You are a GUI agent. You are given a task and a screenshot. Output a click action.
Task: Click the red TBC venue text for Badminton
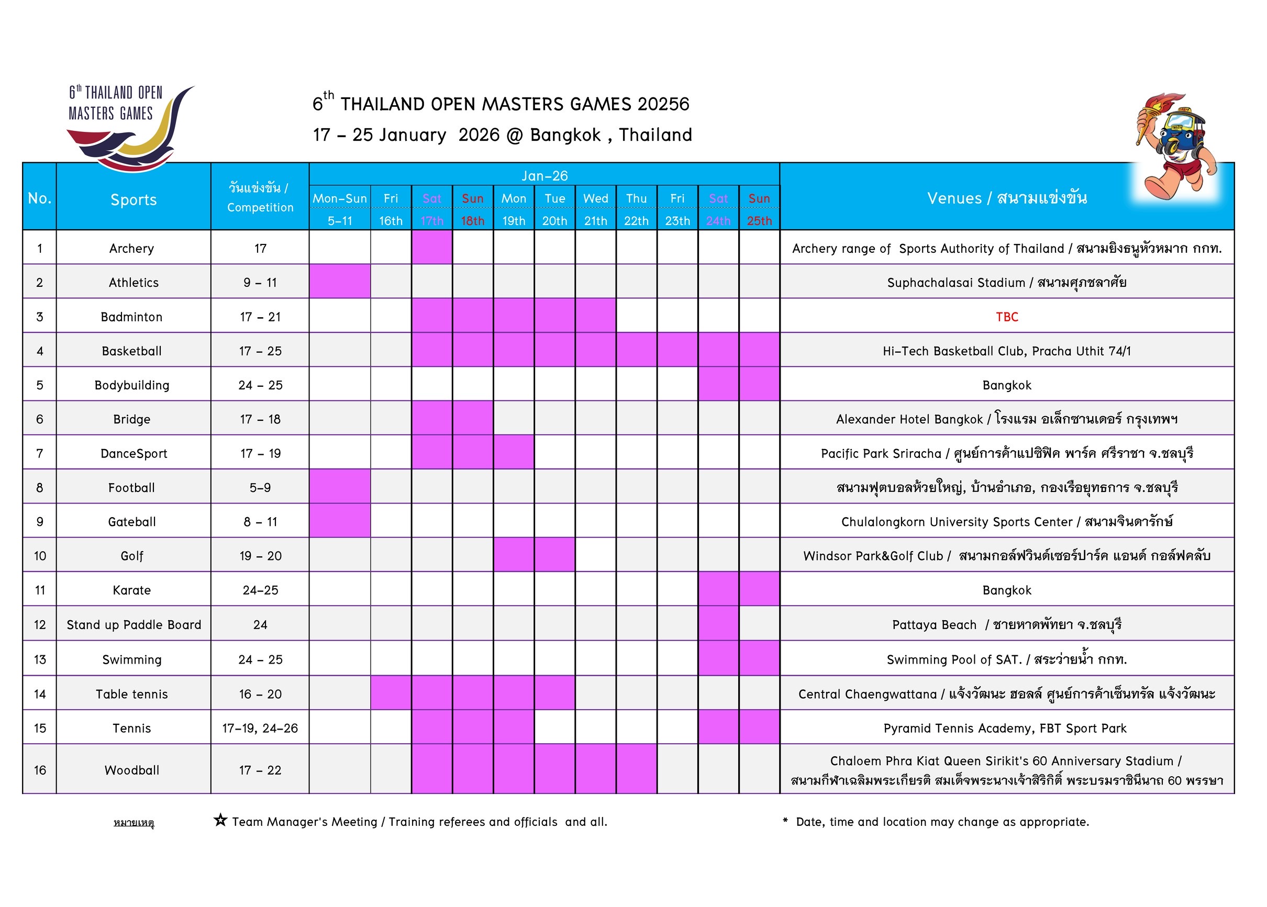point(1007,317)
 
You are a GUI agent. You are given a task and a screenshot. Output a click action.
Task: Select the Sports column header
point(134,199)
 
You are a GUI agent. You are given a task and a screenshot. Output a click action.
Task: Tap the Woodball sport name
point(132,770)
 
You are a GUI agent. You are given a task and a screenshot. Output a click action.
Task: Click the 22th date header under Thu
point(636,221)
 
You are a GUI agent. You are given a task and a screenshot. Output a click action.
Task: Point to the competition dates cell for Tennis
point(260,729)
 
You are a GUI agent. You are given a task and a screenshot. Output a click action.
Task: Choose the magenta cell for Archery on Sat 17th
point(432,248)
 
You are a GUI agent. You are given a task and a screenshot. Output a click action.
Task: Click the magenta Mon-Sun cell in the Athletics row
point(340,282)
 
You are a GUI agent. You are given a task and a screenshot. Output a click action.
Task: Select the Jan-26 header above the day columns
point(544,176)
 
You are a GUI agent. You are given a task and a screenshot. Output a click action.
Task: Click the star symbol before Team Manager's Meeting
point(220,821)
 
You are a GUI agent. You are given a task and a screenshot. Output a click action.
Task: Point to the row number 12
point(40,624)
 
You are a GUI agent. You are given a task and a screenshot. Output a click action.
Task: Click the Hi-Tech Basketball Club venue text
point(1007,351)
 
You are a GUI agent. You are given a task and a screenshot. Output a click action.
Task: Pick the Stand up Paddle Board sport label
point(134,624)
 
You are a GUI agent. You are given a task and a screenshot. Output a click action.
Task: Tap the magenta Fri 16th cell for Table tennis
point(391,693)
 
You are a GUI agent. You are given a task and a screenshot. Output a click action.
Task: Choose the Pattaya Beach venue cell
point(1007,624)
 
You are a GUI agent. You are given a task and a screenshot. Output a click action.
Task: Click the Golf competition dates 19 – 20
point(260,556)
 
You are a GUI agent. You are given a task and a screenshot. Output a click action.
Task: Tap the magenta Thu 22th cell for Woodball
point(636,769)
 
